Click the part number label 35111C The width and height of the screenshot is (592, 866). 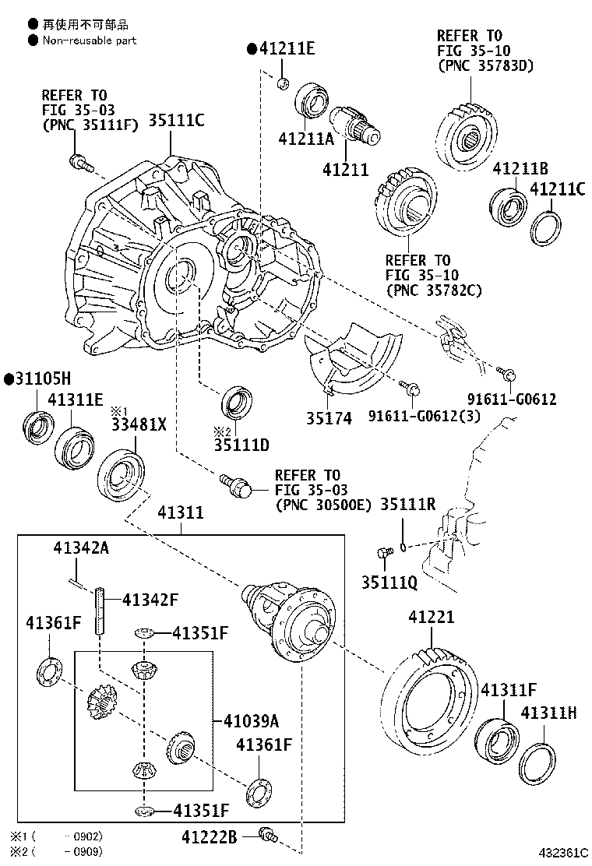176,120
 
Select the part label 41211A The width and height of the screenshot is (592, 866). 306,139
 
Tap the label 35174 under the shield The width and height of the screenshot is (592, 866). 329,418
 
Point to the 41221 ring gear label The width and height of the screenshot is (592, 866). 432,616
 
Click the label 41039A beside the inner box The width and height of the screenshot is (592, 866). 252,720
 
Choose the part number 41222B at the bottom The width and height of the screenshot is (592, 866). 210,838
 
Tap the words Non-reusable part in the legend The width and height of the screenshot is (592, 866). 90,40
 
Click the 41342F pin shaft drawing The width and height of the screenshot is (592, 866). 100,611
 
